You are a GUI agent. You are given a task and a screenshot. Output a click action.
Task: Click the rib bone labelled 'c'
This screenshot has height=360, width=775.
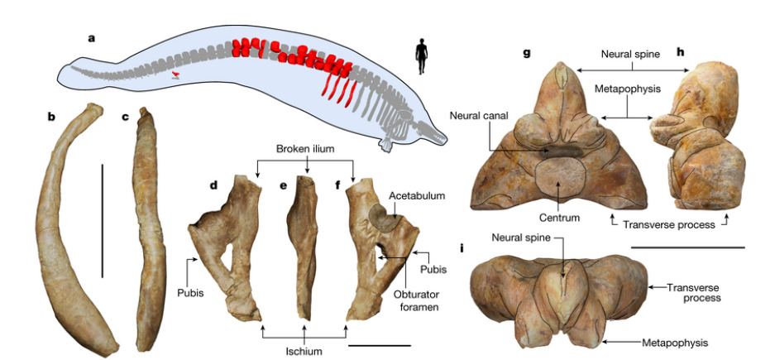pos(146,232)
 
